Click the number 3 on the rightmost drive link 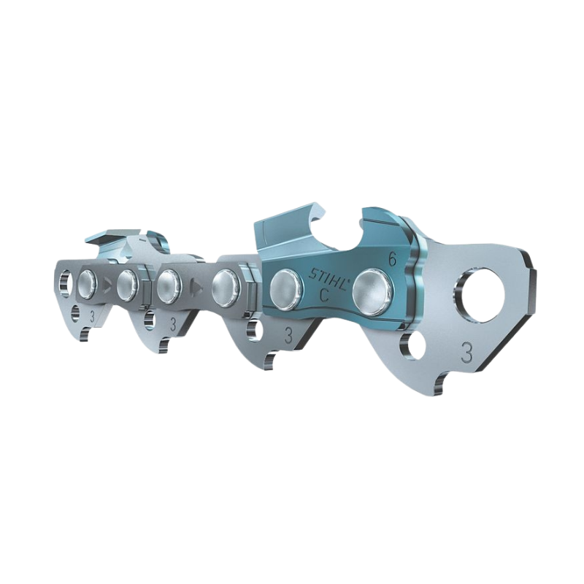coord(466,353)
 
